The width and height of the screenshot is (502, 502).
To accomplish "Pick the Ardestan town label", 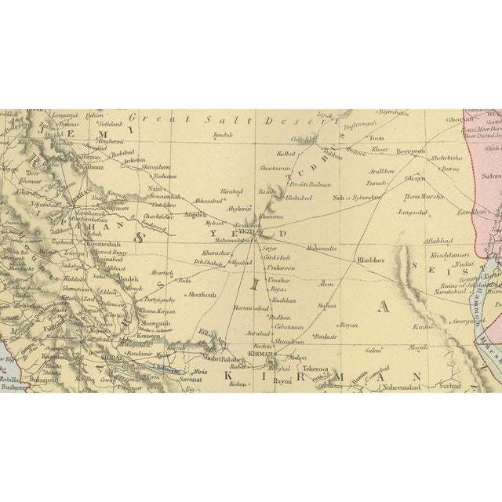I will (x=133, y=158).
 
